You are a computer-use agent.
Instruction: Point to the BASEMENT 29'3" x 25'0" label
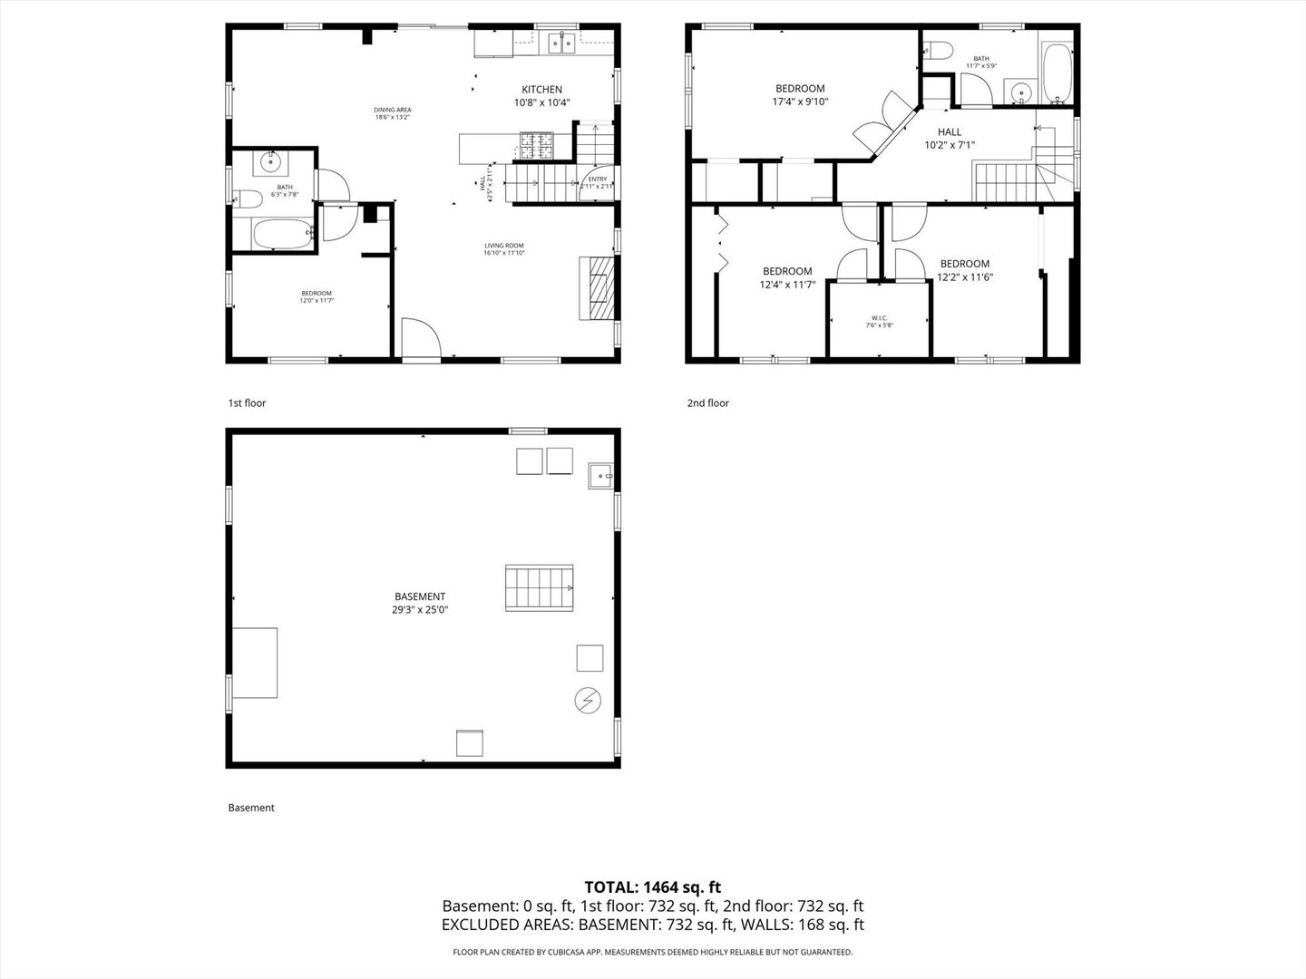(420, 603)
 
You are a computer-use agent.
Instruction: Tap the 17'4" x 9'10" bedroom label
(799, 95)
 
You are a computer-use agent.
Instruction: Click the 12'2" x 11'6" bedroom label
(965, 271)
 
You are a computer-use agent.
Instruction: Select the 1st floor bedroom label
(317, 296)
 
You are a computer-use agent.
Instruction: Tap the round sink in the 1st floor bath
(270, 162)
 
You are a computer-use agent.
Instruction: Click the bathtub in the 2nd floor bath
(1057, 73)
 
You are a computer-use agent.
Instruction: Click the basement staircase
(541, 587)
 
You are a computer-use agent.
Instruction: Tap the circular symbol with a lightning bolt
(587, 700)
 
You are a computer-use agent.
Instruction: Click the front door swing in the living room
(419, 339)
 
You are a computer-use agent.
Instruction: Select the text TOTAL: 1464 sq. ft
(652, 887)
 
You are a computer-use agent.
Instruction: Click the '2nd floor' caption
(707, 403)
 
